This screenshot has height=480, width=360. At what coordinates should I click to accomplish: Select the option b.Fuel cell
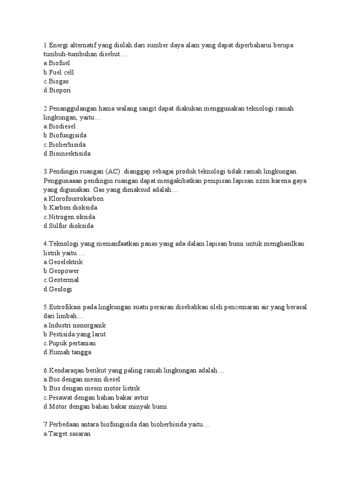pyautogui.click(x=58, y=72)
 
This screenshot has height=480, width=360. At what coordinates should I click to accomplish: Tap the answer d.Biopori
pyautogui.click(x=57, y=90)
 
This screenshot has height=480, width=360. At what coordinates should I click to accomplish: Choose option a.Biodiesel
pyautogui.click(x=59, y=127)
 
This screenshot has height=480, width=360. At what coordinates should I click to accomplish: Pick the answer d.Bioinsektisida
pyautogui.click(x=67, y=154)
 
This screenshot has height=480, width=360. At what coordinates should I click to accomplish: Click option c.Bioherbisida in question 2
pyautogui.click(x=64, y=144)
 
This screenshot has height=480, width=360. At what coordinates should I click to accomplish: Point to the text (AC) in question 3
pyautogui.click(x=113, y=172)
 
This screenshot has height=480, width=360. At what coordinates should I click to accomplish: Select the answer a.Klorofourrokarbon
pyautogui.click(x=73, y=199)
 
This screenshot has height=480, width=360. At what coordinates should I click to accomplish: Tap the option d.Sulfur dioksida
pyautogui.click(x=68, y=226)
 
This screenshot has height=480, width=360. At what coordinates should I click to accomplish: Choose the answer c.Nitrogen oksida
pyautogui.click(x=69, y=217)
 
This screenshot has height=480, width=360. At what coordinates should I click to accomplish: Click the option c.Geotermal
pyautogui.click(x=61, y=280)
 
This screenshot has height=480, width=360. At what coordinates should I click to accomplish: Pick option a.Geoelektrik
pyautogui.click(x=63, y=262)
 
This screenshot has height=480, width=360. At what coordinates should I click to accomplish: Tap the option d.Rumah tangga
pyautogui.click(x=67, y=352)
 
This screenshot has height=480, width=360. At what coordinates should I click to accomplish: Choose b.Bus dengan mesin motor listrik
pyautogui.click(x=91, y=388)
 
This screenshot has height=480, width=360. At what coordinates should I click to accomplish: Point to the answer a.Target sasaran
pyautogui.click(x=67, y=434)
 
